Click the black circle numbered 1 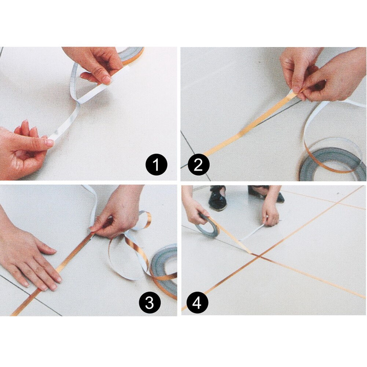pos(157,165)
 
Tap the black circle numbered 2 pos(198,165)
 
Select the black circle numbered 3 pos(149,303)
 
